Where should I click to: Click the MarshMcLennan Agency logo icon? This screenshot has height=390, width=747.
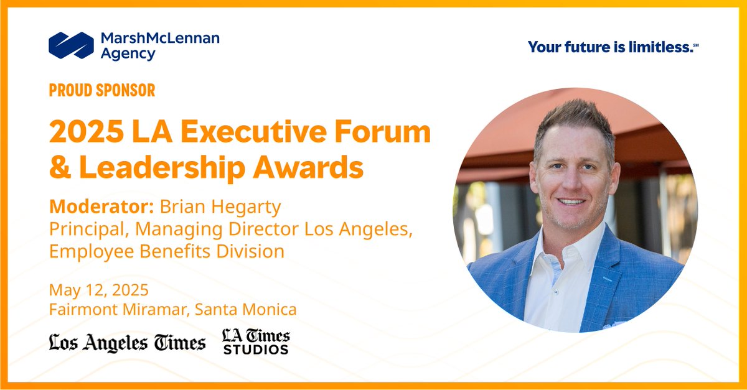point(71,45)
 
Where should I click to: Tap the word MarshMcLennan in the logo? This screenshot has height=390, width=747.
point(160,39)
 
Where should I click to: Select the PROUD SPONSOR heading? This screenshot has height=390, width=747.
point(102,90)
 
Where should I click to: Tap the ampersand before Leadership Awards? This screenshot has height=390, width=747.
point(60,167)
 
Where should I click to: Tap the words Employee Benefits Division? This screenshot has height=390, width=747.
point(167,251)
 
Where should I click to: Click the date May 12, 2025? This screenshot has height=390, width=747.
point(99,290)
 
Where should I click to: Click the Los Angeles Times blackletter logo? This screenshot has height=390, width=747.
point(128,343)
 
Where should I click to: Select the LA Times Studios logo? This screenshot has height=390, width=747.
point(256,342)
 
